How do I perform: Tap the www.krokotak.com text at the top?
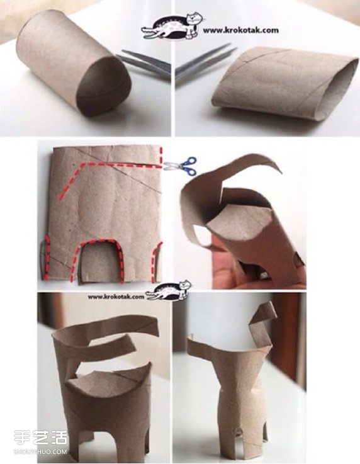240,30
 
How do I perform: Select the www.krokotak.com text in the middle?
116,297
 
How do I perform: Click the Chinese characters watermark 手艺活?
41,438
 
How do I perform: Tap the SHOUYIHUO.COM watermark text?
40,451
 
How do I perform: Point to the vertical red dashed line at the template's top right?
161,156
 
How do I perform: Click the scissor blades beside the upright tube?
145,63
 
